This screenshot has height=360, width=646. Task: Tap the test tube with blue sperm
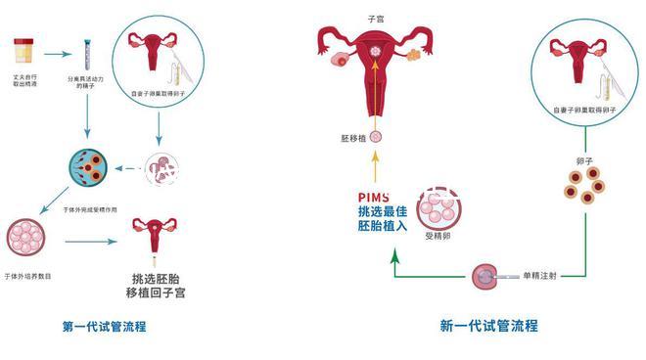point(89,49)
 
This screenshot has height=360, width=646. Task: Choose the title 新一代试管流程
point(488,326)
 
